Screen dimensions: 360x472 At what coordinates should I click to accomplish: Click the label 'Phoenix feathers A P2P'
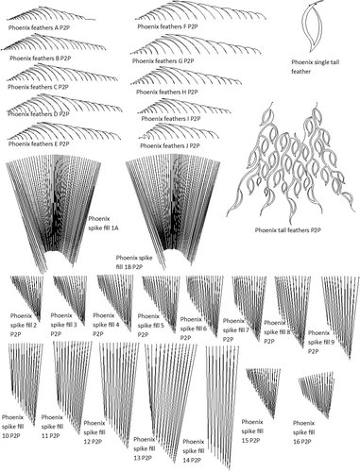click(x=39, y=27)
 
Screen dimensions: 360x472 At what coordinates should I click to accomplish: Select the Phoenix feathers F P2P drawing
click(x=201, y=12)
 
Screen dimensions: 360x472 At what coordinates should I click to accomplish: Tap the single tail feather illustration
click(x=313, y=25)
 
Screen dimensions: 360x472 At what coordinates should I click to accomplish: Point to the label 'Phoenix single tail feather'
click(x=316, y=67)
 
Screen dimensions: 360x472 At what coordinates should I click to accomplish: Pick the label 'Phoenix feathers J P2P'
click(x=170, y=146)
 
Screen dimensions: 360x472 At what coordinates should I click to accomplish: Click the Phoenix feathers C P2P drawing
click(x=62, y=73)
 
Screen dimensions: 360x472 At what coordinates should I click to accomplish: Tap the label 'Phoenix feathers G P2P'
click(x=163, y=61)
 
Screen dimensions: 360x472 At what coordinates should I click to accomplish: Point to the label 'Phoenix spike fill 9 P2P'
click(x=318, y=342)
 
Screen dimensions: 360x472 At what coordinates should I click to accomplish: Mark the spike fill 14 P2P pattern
click(x=222, y=406)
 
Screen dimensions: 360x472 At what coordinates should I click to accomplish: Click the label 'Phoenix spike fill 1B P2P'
click(x=134, y=262)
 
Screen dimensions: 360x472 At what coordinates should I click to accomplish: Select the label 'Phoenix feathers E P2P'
click(x=39, y=143)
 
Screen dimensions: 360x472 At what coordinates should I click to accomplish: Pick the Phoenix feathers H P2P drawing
click(x=186, y=77)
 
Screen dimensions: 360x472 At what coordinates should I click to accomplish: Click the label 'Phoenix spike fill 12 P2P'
click(x=94, y=432)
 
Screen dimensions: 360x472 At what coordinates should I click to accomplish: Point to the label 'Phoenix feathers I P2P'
click(x=171, y=119)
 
